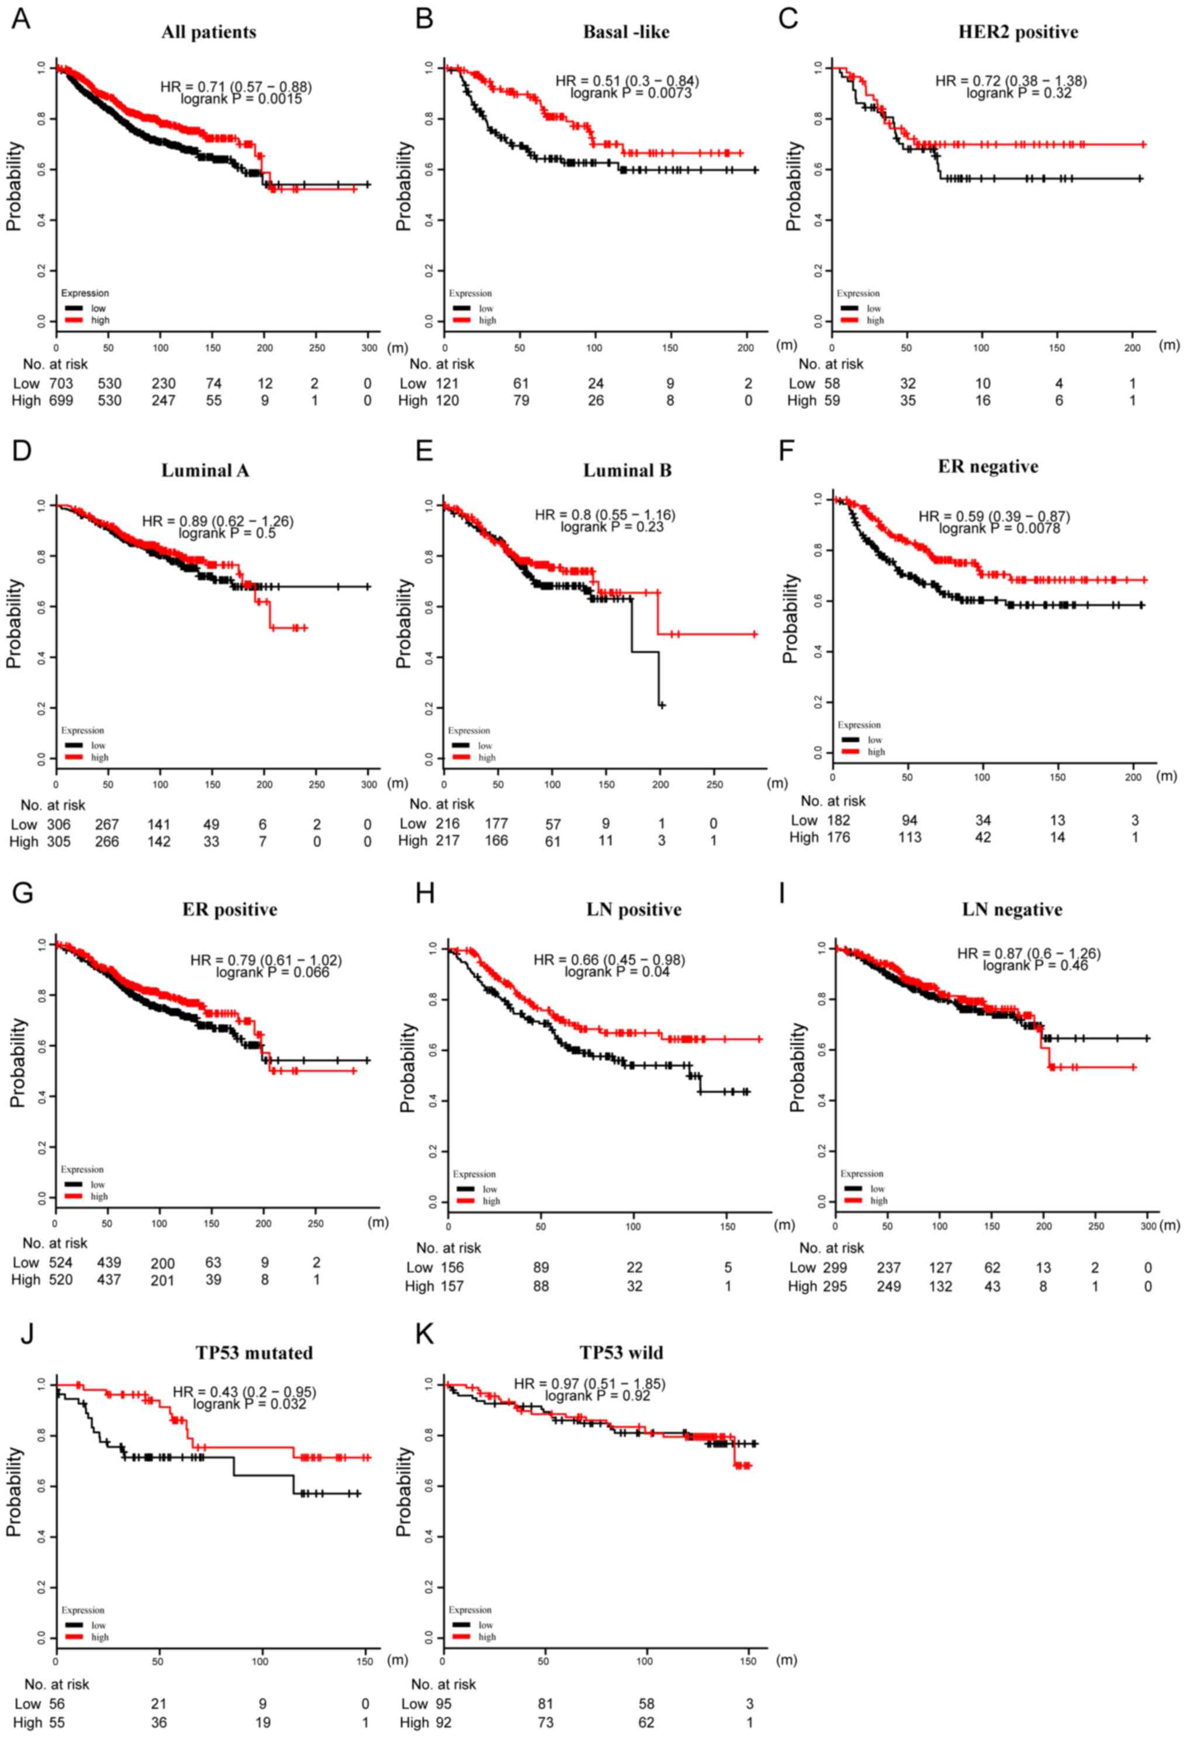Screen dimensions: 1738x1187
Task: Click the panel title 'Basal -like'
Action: click(626, 32)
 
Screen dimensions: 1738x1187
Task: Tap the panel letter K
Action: click(424, 1334)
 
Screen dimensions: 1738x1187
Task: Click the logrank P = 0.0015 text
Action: click(241, 99)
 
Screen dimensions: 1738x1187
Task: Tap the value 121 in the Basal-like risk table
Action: click(448, 383)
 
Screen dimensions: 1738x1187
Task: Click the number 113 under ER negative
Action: click(909, 837)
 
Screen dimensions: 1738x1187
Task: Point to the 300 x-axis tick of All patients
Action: click(369, 348)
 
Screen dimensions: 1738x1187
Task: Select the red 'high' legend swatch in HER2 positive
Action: click(850, 320)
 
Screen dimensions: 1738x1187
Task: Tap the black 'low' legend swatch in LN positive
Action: click(465, 1189)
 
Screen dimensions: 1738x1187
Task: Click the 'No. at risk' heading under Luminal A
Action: click(53, 805)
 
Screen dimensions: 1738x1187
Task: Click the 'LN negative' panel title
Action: click(1012, 909)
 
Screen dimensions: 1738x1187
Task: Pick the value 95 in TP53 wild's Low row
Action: click(441, 1704)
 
